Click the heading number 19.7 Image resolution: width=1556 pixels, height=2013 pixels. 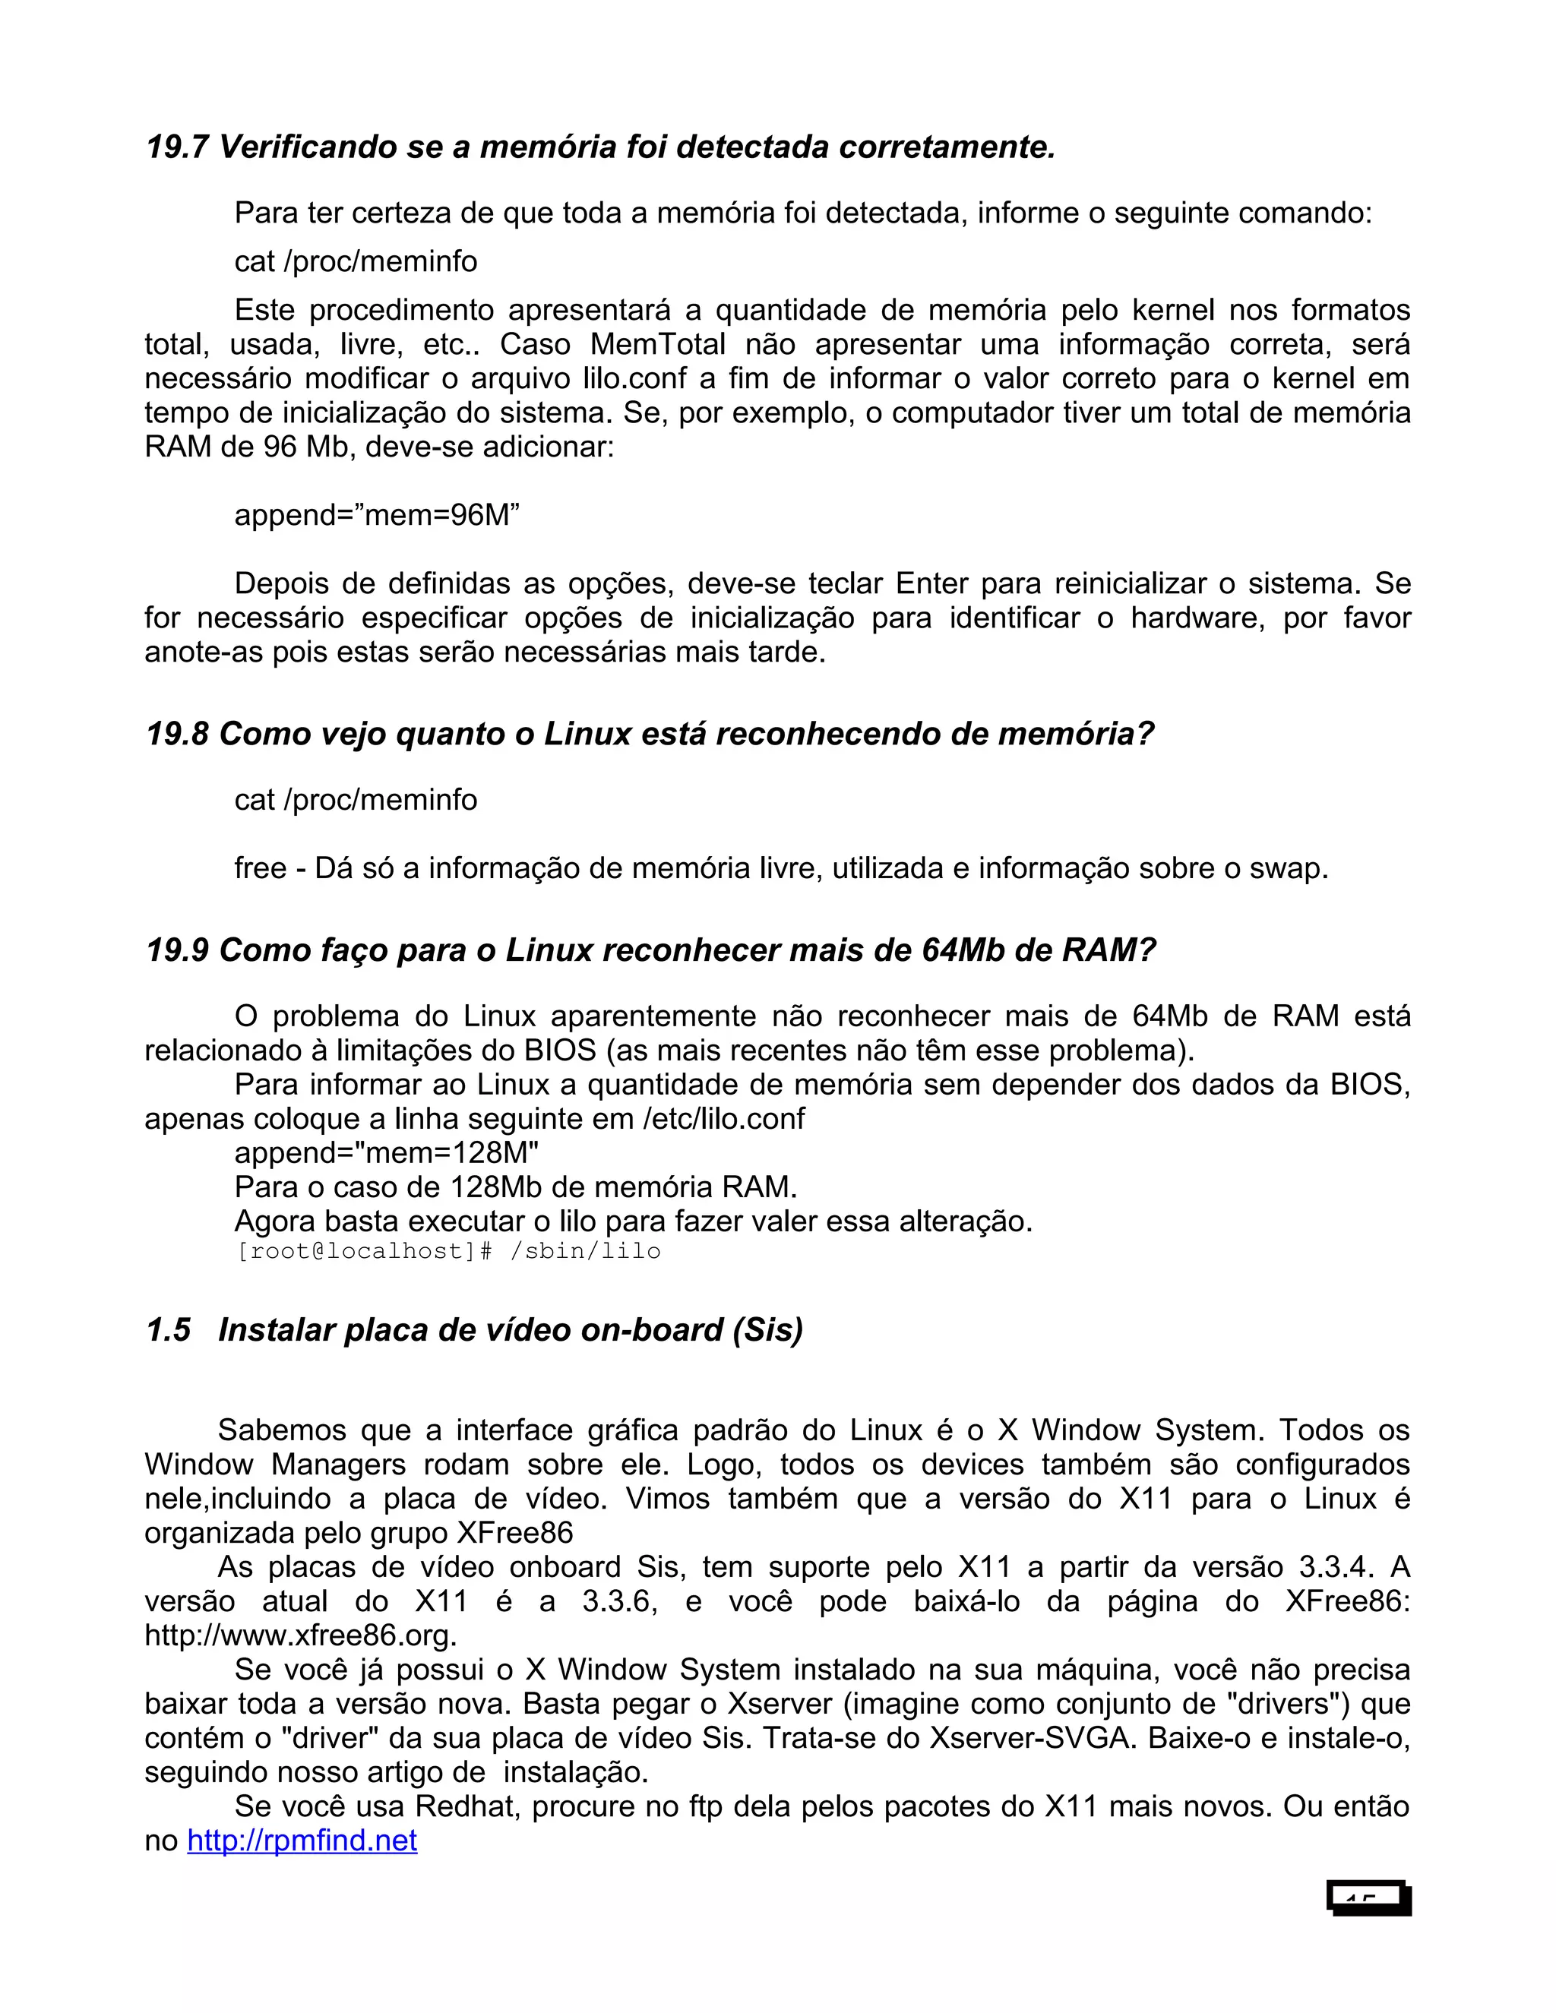point(177,147)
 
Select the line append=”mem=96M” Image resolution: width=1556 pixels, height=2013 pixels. point(376,515)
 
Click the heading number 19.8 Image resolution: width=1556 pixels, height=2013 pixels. point(177,735)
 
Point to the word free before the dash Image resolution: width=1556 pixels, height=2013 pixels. point(260,868)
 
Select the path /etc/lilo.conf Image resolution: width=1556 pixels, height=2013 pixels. point(723,1119)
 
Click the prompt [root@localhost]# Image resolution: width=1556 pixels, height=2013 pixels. point(365,1252)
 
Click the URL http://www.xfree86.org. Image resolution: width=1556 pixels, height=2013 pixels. point(301,1636)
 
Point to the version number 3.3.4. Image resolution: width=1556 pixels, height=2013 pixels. point(1335,1568)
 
